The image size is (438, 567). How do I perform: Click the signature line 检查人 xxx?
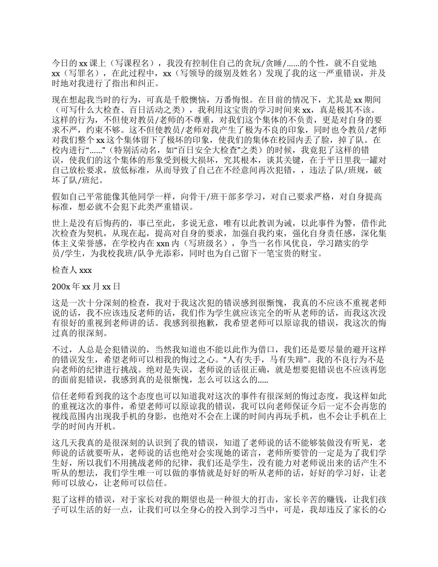72,270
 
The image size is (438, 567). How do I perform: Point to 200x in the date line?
61,286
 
